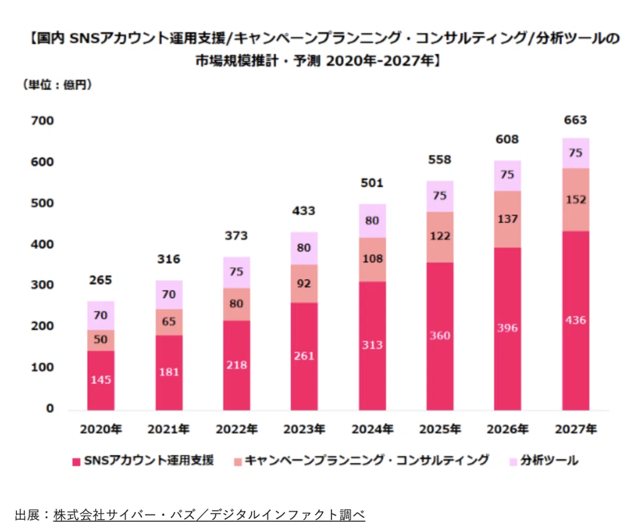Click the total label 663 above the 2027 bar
575,120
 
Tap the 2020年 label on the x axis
101,429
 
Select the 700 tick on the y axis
42,121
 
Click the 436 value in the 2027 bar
575,320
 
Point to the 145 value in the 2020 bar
101,380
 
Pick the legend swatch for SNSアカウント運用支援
76,462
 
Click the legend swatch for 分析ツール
513,462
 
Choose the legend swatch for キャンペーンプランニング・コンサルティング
238,462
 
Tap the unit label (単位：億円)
58,85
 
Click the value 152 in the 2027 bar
576,200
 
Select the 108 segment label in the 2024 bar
372,259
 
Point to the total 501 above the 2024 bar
372,183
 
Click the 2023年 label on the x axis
304,429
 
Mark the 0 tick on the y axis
50,408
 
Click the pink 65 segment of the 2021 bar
169,322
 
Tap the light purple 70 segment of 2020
101,316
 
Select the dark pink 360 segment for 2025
440,336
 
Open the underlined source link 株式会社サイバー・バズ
125,515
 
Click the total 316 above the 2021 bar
169,259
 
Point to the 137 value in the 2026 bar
507,219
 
